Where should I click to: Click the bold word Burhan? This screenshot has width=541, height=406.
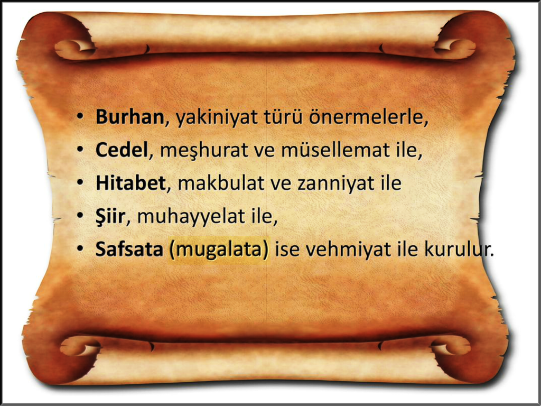tap(130, 117)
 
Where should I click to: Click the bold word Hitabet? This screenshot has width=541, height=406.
tap(131, 183)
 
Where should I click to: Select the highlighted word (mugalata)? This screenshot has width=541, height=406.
tap(219, 250)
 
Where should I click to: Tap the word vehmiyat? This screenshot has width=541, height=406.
tap(346, 250)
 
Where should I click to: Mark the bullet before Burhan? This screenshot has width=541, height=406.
tap(80, 117)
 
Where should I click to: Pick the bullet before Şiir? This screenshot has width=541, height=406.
tap(80, 216)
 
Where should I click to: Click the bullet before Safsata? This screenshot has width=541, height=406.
tap(80, 250)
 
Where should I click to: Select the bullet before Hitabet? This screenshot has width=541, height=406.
tap(80, 183)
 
